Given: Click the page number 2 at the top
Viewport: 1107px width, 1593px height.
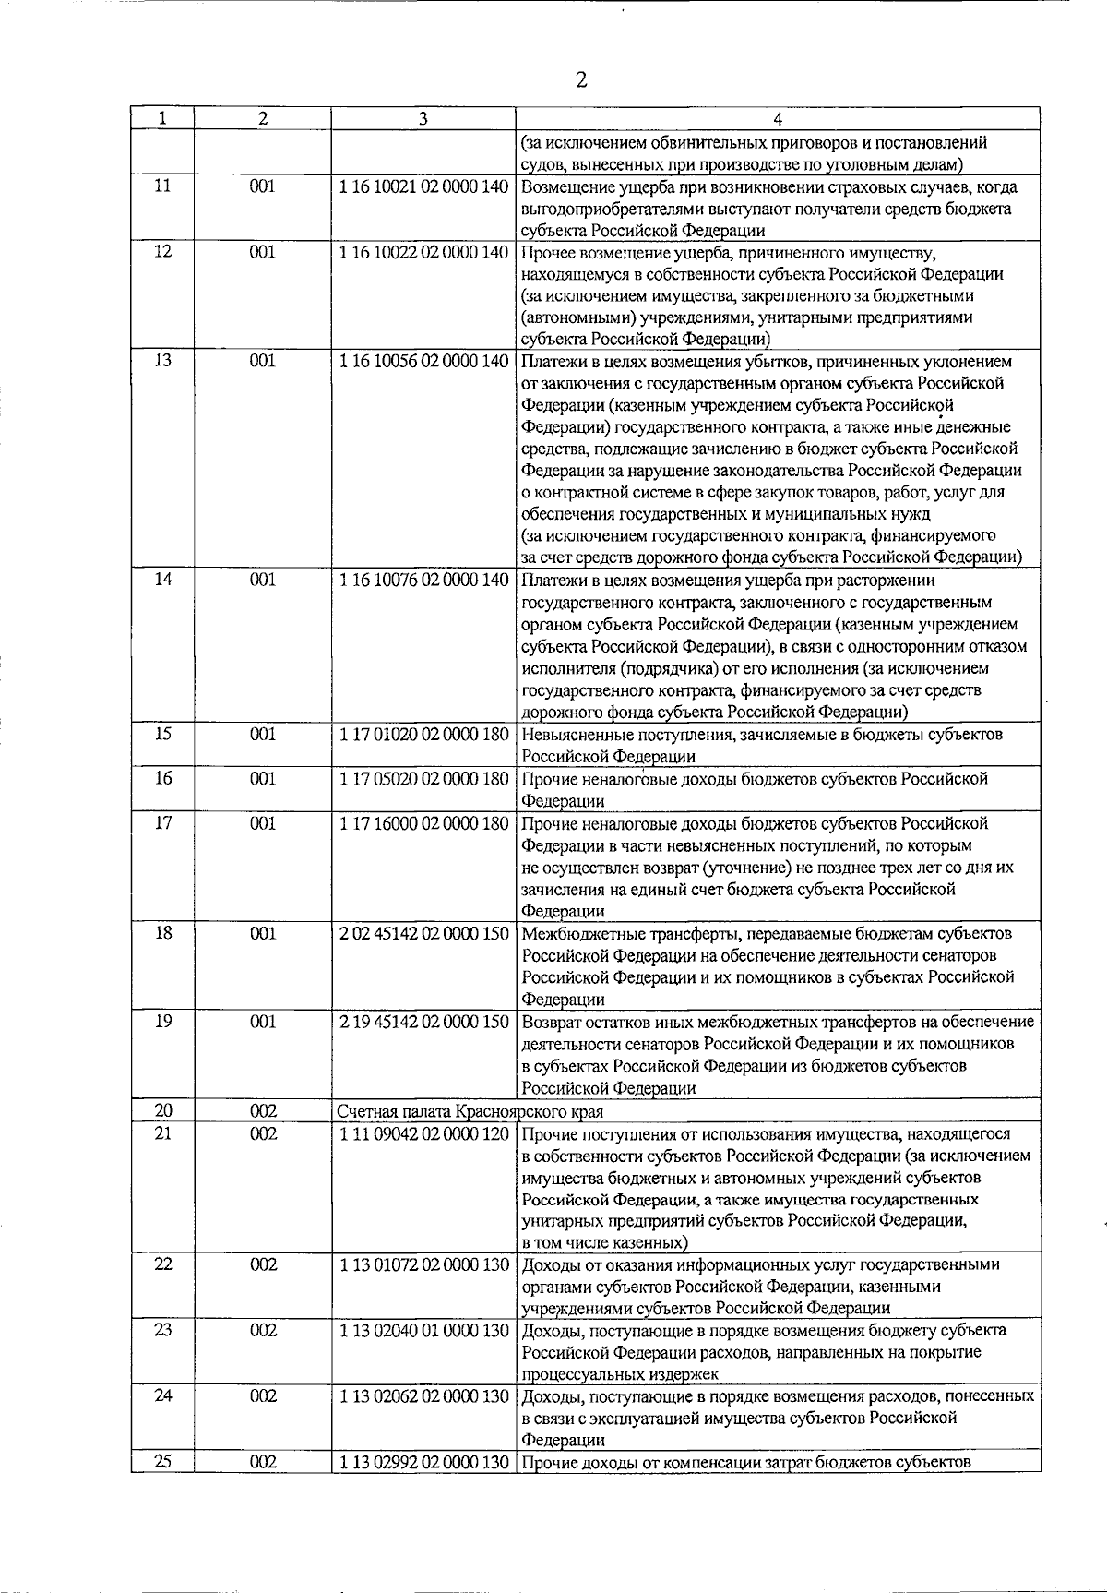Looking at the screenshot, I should tap(580, 79).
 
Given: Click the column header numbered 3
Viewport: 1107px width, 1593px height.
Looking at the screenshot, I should tap(423, 119).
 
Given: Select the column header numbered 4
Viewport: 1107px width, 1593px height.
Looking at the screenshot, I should tap(778, 119).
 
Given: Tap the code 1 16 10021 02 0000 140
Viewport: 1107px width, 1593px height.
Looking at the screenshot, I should tap(423, 186).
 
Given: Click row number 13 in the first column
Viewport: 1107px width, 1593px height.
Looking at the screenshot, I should tap(162, 361).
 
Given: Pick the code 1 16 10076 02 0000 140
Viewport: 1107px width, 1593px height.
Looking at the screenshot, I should tap(423, 580).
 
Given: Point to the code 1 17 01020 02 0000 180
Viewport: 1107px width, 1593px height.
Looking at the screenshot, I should tap(423, 735).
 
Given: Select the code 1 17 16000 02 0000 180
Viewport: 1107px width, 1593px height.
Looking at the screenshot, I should tap(423, 823).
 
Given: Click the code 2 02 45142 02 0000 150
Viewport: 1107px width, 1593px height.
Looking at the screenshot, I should tap(423, 933).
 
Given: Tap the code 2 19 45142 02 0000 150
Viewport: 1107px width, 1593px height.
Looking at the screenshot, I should tap(423, 1022).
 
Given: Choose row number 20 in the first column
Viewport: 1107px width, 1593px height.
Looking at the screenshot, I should tap(162, 1111).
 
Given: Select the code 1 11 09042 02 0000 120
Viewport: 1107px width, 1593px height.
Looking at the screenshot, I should tap(423, 1133).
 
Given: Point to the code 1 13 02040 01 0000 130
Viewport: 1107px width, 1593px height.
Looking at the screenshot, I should tap(423, 1330).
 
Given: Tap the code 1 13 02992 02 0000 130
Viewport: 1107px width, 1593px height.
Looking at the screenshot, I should tap(423, 1462).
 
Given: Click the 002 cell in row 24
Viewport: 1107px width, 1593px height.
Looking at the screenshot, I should tap(263, 1395).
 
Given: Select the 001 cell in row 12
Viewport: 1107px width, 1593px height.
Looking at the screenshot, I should tap(263, 251).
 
